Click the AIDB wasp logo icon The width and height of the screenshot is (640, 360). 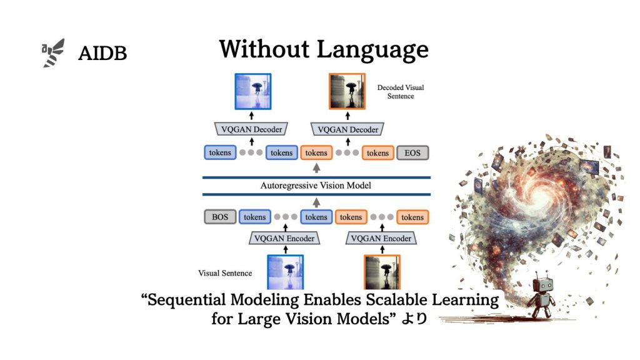[x=53, y=52]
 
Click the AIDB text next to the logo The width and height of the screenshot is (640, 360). [x=102, y=54]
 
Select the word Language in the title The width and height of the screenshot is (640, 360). [x=374, y=49]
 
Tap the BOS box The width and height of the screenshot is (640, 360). [x=220, y=217]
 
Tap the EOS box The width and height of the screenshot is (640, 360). [x=412, y=152]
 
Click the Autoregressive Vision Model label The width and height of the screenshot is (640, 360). [x=316, y=186]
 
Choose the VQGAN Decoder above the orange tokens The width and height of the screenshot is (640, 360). [x=348, y=129]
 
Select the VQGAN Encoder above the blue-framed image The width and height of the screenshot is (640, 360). [x=286, y=238]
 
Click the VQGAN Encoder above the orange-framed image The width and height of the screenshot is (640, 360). [x=381, y=238]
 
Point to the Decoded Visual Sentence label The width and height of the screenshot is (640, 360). [x=401, y=92]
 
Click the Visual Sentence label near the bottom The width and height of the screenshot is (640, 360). [x=225, y=273]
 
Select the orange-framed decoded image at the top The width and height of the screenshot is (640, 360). [x=347, y=91]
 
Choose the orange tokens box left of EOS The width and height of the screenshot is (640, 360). [x=377, y=152]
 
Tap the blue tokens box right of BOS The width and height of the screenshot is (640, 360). [x=254, y=217]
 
